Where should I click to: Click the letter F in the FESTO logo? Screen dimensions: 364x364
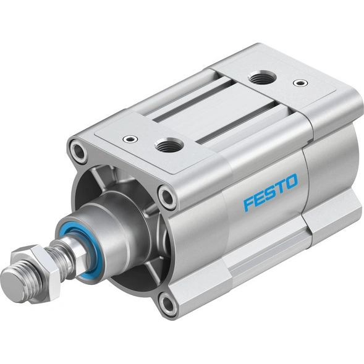click(248, 203)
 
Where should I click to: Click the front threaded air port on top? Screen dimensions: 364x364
click(167, 146)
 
